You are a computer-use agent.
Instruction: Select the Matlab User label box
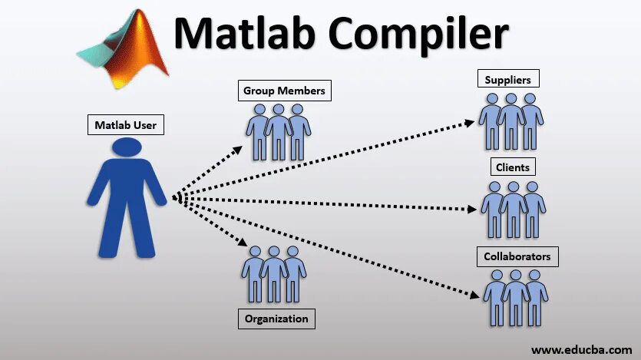(124, 124)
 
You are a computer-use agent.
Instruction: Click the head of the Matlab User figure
(126, 152)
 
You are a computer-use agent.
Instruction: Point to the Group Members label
(284, 91)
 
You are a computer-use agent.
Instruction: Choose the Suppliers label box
(508, 78)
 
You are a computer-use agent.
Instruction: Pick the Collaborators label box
(517, 256)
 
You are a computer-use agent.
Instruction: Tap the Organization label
(276, 318)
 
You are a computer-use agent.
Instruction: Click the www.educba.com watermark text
(581, 350)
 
